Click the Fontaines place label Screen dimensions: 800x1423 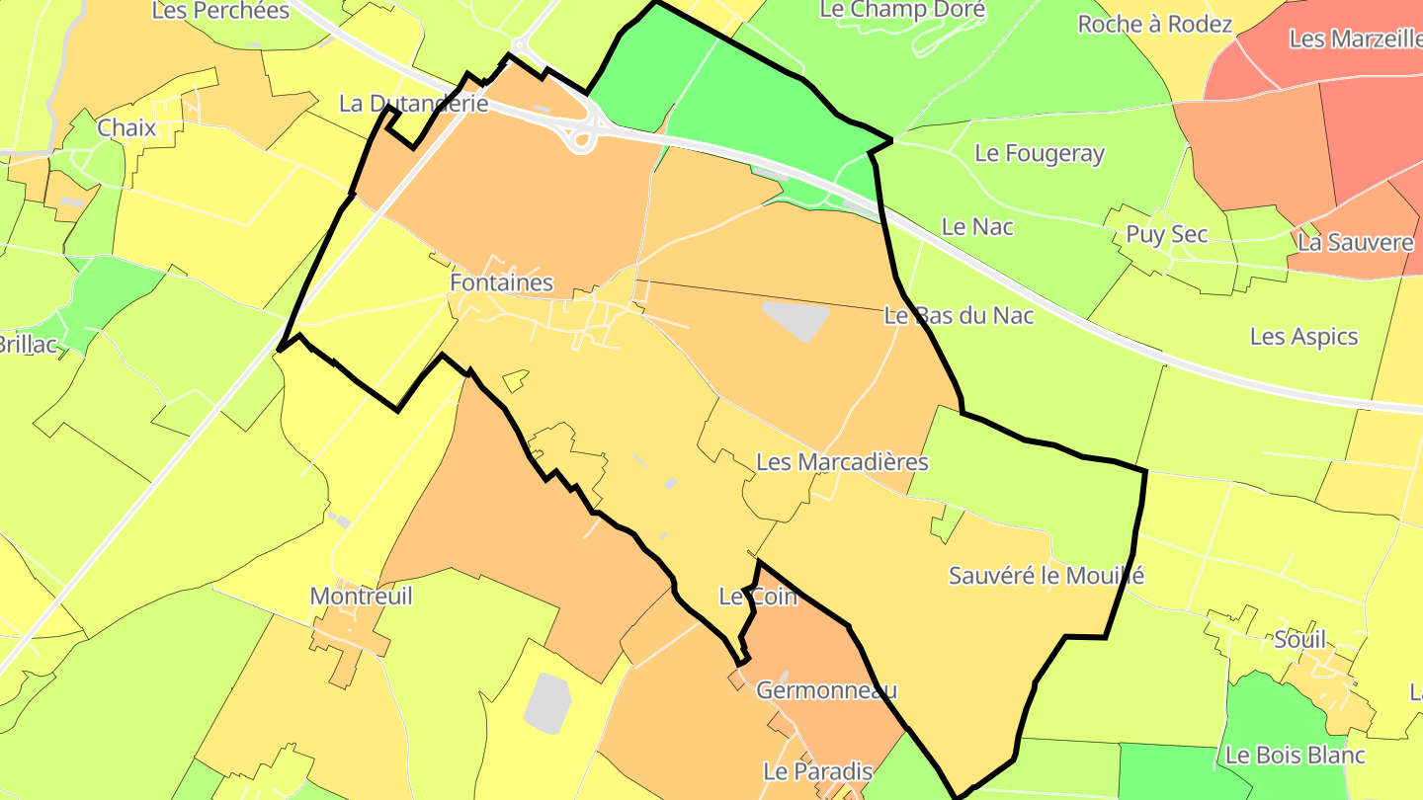tap(501, 282)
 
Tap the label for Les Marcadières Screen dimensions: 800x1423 tap(842, 461)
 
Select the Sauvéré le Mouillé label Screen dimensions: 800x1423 tap(1046, 575)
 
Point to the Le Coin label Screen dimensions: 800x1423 tap(757, 597)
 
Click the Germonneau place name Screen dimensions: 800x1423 tap(826, 690)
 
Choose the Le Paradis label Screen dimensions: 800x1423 tap(817, 770)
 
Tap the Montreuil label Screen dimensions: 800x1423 tap(361, 596)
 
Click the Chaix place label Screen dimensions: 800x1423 tap(126, 127)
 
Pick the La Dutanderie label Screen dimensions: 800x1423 tap(413, 103)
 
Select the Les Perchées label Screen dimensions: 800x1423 tap(220, 11)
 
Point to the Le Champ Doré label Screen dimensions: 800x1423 tap(902, 10)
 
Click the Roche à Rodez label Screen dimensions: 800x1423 tap(1154, 24)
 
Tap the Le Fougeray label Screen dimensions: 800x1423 tap(1040, 153)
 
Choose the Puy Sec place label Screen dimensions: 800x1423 tap(1166, 234)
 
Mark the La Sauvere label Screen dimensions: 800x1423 tap(1355, 242)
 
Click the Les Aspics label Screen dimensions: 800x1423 tap(1303, 336)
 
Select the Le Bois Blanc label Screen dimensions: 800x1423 tap(1295, 755)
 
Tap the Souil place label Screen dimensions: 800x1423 tap(1299, 639)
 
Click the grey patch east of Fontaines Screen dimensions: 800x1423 tap(796, 320)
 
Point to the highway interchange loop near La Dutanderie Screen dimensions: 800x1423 tap(582, 137)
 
